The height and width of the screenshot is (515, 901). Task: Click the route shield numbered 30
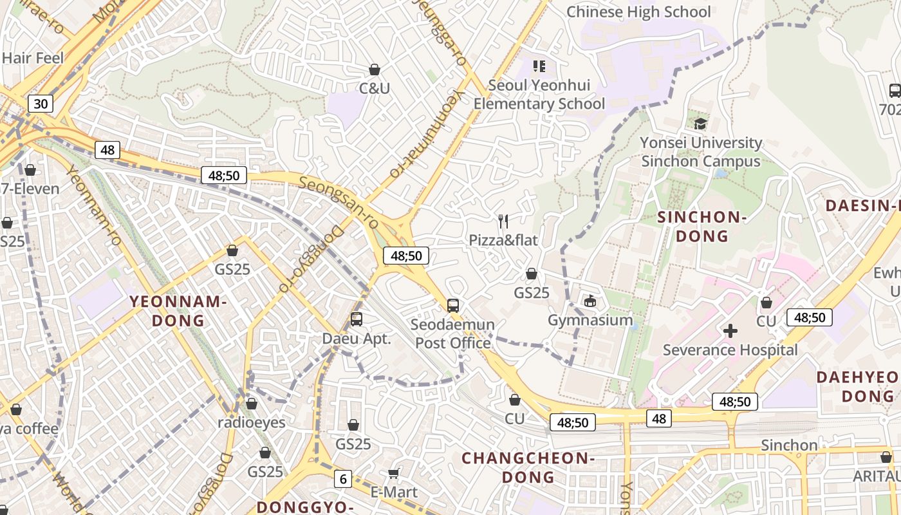[40, 104]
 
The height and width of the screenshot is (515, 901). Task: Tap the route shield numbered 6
[343, 478]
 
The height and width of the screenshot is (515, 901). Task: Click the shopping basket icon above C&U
[375, 70]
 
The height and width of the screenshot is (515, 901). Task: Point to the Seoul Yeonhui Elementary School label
[539, 95]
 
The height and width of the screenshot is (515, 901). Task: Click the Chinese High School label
[638, 12]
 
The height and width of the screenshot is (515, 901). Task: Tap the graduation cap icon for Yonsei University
[700, 123]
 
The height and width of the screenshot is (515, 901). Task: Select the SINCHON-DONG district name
[701, 227]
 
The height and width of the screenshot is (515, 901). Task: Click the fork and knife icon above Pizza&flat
[503, 221]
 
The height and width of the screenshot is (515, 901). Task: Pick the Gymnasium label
[590, 320]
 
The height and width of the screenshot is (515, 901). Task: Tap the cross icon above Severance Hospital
[730, 332]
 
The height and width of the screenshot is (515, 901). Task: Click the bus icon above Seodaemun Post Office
[453, 305]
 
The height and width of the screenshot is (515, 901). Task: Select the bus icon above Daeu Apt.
[356, 319]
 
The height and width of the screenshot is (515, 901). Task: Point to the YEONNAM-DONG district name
[178, 310]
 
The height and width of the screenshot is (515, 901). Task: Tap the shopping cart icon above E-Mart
[394, 474]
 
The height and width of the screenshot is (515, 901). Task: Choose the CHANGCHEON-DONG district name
[528, 467]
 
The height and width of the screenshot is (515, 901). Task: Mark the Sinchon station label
[789, 445]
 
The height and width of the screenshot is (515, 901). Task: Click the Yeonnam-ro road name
[94, 206]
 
